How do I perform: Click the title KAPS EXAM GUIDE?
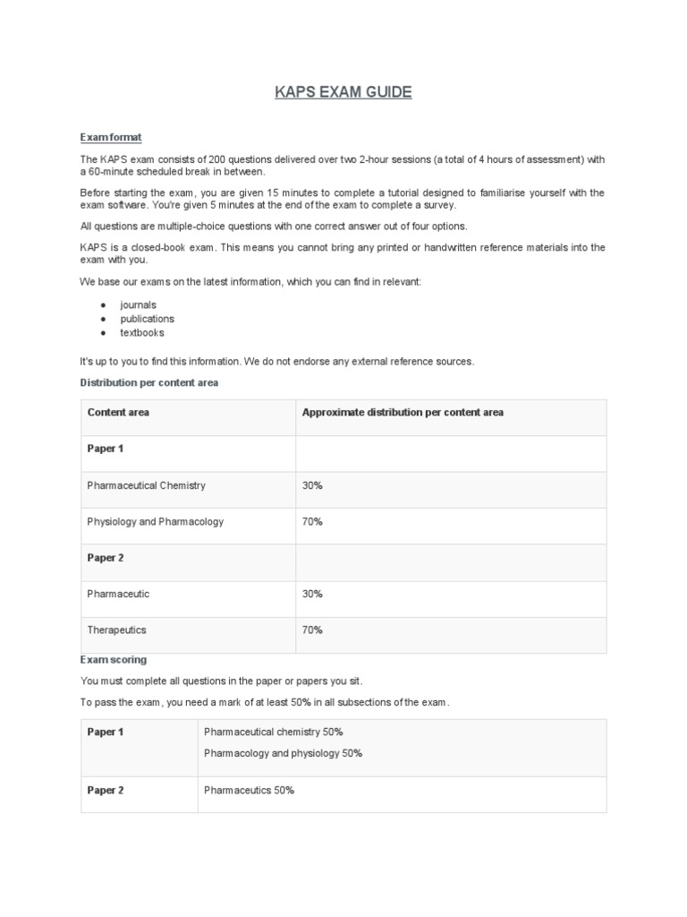pos(343,93)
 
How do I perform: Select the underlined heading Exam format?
pos(111,137)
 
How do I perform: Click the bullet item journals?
pos(138,304)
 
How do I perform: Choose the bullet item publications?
pos(147,319)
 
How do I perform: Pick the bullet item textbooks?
pos(142,332)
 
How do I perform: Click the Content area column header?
pos(118,412)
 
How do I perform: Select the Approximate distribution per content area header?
pos(403,412)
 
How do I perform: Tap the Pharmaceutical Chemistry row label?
pos(146,485)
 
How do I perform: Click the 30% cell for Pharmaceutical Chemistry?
pos(312,485)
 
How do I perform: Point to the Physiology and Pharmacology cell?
pos(155,521)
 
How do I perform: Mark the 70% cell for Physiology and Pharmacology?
pos(312,521)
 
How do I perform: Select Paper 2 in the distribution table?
pos(105,558)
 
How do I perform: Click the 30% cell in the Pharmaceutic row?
pos(312,594)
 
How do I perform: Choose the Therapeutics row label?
pos(116,630)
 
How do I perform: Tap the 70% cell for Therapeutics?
pos(312,630)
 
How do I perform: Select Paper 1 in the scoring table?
pos(105,732)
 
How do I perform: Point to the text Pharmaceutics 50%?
pos(249,790)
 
